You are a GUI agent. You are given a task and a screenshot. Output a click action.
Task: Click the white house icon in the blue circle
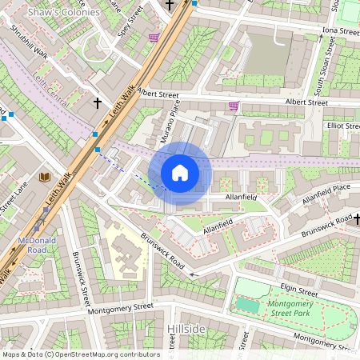(x=180, y=172)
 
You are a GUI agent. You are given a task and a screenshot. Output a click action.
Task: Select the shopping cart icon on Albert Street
(x=234, y=106)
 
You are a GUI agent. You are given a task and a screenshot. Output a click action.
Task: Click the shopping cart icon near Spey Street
(x=154, y=37)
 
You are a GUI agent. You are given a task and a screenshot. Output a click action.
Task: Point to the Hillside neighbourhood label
(x=188, y=329)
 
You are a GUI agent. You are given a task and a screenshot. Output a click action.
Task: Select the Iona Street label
(x=339, y=31)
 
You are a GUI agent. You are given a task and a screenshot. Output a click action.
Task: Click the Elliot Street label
(x=342, y=126)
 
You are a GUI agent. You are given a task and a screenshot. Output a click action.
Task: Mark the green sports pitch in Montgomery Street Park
(x=249, y=305)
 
